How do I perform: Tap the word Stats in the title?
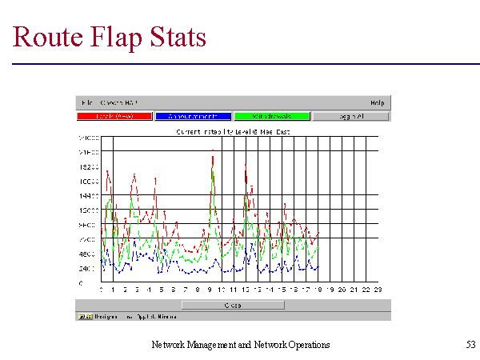pos(178,38)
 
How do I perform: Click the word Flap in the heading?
pos(118,38)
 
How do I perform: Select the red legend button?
pos(114,116)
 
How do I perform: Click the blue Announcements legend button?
pos(193,116)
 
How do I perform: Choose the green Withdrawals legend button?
pos(271,116)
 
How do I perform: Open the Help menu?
pos(378,102)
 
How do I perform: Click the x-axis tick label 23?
pos(378,289)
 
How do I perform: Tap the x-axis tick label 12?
pos(245,289)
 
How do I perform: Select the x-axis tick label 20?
pos(342,289)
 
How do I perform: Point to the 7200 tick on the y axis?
pos(89,239)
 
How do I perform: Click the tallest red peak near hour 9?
pos(213,152)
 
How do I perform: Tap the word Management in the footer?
pos(206,345)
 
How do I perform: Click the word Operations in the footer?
pos(306,345)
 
